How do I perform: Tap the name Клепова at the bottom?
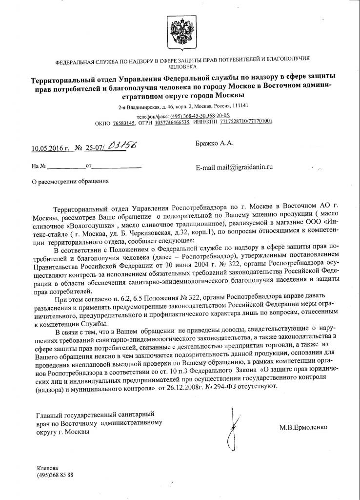click(x=47, y=467)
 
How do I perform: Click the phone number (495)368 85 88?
click(x=55, y=475)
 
